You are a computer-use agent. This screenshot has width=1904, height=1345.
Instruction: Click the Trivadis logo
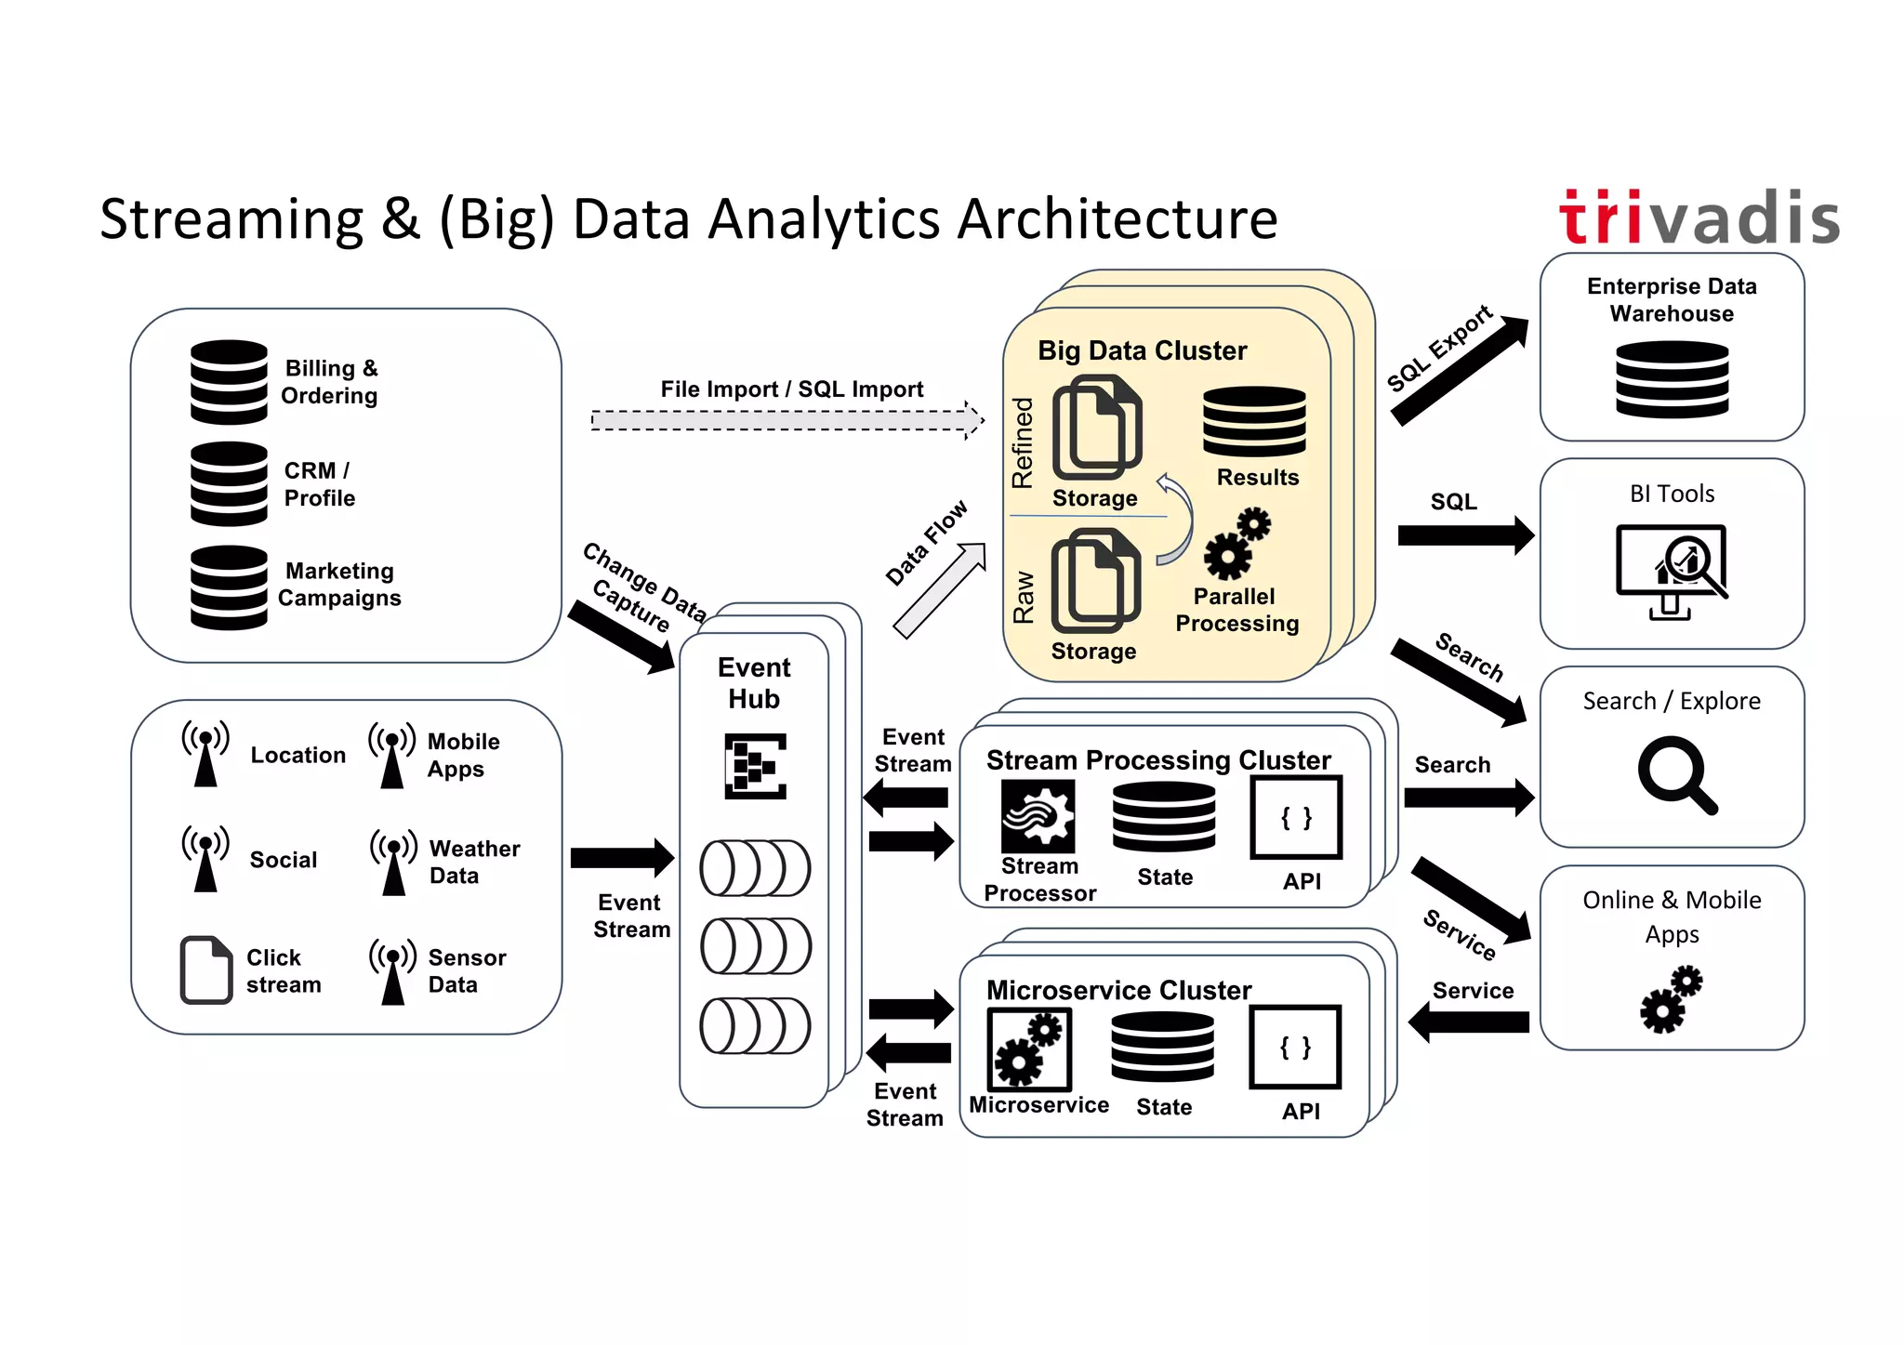point(1699,218)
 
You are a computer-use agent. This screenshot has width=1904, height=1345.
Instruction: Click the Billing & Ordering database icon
point(229,382)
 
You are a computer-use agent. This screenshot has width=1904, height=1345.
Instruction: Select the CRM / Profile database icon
point(229,484)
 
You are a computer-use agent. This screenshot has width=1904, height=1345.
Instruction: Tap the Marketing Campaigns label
point(339,585)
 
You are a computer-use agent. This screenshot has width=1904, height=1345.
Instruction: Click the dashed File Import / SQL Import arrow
point(787,420)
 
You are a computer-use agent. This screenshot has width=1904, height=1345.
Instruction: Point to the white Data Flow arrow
point(940,590)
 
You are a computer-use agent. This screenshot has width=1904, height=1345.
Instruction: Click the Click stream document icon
point(205,969)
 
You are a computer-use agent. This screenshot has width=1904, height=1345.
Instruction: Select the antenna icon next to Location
point(205,753)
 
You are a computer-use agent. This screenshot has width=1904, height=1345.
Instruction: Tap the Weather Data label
point(474,862)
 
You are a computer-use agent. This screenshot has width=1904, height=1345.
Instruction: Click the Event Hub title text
point(754,683)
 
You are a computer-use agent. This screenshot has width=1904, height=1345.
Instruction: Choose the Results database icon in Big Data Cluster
point(1254,421)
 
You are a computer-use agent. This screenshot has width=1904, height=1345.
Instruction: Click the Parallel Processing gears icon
point(1236,544)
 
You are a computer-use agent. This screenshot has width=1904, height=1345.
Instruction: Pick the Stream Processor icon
point(1038,816)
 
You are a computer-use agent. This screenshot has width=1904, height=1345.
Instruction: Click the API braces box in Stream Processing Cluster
point(1296,818)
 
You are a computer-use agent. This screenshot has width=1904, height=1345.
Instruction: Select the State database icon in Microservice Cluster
point(1162,1047)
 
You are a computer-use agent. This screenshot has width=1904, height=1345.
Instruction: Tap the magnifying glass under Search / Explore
point(1675,774)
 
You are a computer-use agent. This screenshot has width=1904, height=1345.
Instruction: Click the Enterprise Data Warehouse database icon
point(1672,378)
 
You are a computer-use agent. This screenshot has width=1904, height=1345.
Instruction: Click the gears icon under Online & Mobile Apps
point(1671,999)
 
